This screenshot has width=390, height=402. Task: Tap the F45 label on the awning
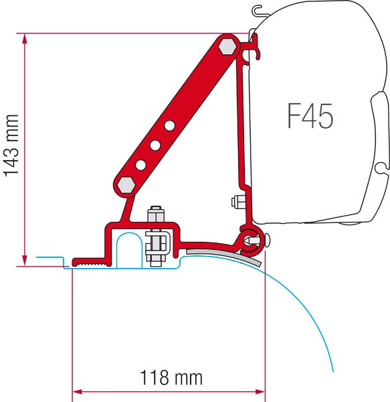[x=310, y=118]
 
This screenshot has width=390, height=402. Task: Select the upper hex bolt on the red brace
[x=227, y=46]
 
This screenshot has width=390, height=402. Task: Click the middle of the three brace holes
[x=156, y=144]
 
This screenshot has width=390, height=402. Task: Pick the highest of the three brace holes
[x=171, y=125]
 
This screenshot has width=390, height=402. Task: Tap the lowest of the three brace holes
[x=141, y=163]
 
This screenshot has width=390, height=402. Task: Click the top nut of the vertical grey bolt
[x=157, y=216]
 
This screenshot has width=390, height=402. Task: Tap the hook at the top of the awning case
[x=258, y=11]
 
